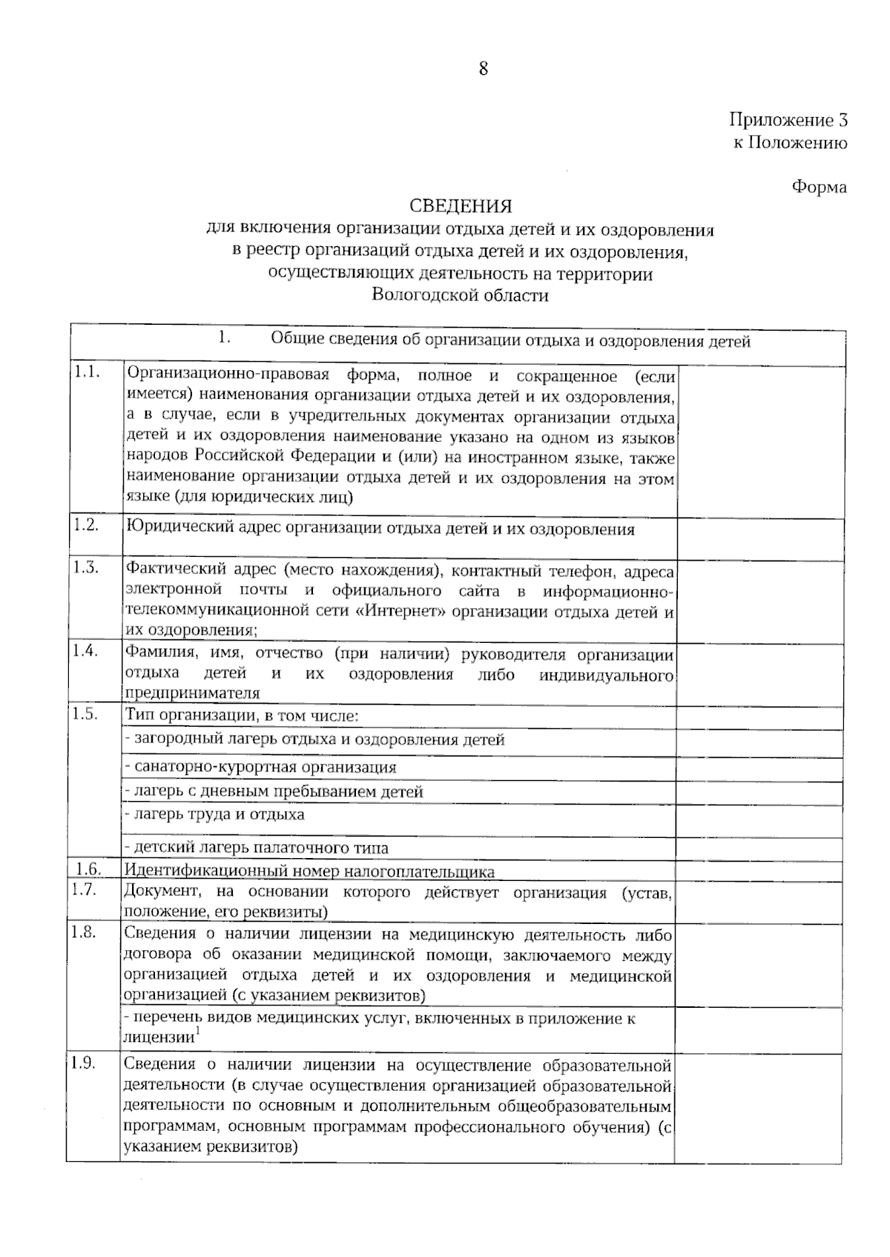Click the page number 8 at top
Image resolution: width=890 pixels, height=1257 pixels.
click(484, 69)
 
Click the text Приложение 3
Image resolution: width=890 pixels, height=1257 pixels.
click(788, 120)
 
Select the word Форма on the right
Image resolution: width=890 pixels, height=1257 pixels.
click(819, 187)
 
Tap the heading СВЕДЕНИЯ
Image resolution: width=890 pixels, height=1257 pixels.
click(461, 205)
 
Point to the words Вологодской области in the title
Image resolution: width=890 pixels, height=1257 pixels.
click(460, 295)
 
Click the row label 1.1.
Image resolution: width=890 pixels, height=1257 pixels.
click(87, 373)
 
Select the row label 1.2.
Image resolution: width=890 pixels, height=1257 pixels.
click(86, 525)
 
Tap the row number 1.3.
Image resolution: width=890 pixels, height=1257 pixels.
click(86, 569)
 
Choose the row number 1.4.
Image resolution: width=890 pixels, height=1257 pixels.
click(86, 651)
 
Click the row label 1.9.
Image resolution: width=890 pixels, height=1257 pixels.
click(84, 1063)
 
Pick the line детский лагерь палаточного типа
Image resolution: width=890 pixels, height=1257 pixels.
click(256, 848)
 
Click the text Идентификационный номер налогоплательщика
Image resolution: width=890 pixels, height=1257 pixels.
click(309, 871)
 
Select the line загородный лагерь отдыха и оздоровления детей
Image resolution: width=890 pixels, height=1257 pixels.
click(314, 739)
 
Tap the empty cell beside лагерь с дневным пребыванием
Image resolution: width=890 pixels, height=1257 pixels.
click(759, 792)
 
